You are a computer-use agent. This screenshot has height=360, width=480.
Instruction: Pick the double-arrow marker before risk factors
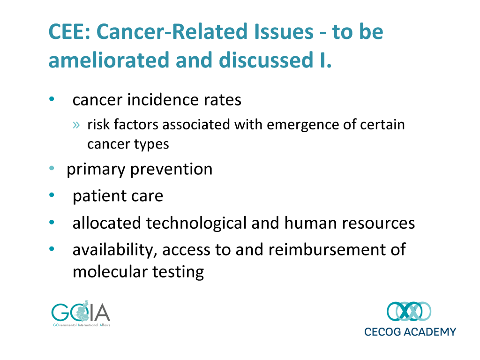click(x=76, y=125)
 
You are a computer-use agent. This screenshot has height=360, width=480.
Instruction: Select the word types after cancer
click(x=151, y=144)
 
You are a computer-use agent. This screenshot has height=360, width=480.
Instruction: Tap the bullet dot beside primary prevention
click(x=52, y=168)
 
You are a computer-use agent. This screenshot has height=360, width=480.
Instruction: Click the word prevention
click(x=171, y=169)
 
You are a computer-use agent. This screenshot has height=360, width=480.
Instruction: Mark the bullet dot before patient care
click(x=52, y=195)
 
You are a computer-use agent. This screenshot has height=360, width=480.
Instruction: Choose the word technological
click(x=196, y=223)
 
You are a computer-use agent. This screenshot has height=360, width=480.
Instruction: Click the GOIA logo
click(x=81, y=314)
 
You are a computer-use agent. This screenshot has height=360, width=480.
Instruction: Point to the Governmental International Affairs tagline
click(x=82, y=325)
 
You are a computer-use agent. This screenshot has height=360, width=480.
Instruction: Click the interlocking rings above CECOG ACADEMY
click(x=409, y=311)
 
